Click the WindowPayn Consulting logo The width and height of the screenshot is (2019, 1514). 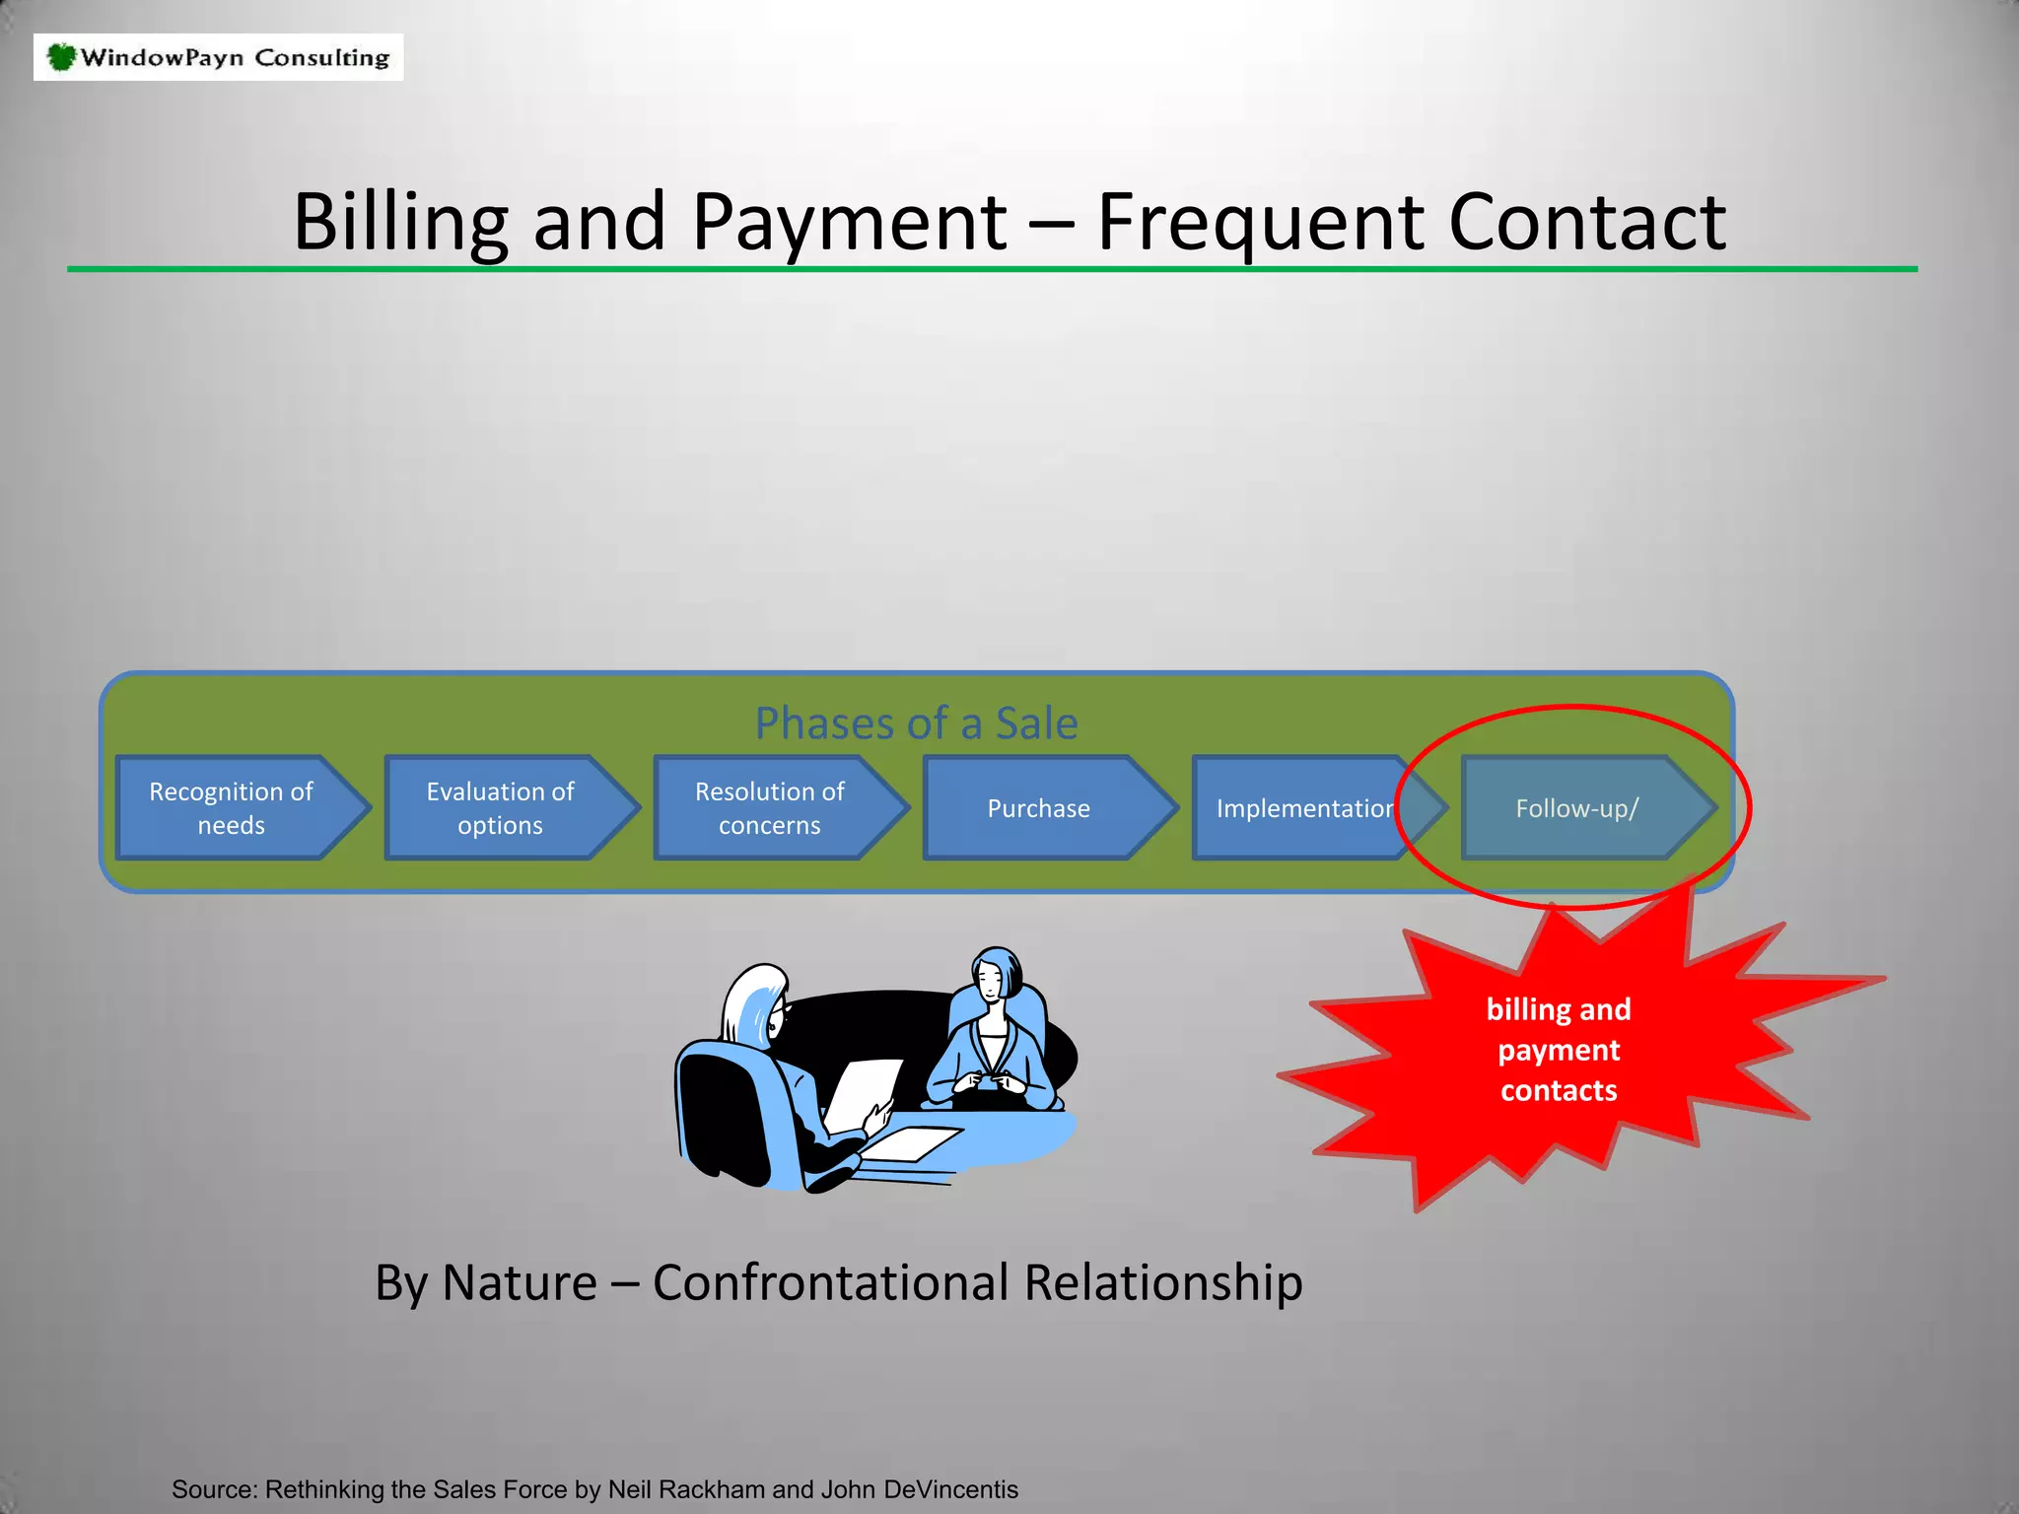tap(218, 57)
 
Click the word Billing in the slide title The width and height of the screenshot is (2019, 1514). tap(399, 222)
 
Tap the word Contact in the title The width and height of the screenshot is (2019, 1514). tap(1586, 222)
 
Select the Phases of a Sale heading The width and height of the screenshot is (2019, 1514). tap(916, 723)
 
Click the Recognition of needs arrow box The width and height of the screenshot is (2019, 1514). tap(233, 808)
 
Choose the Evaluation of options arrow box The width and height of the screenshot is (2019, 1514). tap(501, 808)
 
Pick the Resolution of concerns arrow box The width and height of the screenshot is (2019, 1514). tap(770, 808)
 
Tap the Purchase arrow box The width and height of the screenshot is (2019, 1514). tap(1039, 808)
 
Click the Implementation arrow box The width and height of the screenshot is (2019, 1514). tap(1301, 808)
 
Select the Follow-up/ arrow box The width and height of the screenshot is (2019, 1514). tap(1577, 808)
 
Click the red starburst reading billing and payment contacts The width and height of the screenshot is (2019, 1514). tap(1559, 1050)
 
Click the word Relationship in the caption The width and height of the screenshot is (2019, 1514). tap(1163, 1282)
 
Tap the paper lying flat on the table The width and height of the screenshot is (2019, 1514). tap(912, 1143)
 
